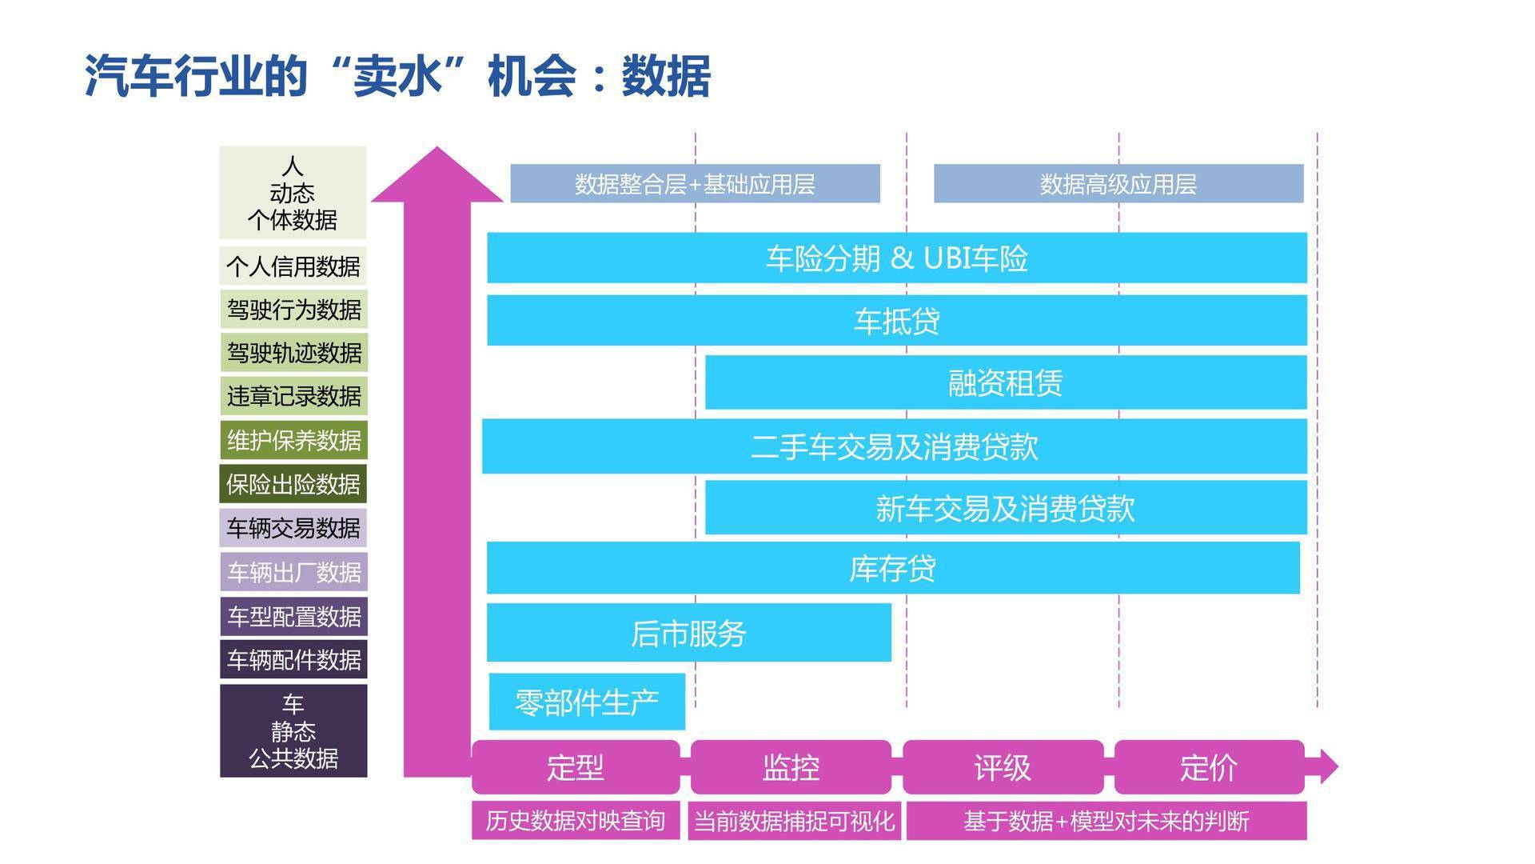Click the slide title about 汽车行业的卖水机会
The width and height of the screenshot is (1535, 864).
click(x=397, y=77)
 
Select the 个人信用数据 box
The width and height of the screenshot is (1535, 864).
click(x=293, y=266)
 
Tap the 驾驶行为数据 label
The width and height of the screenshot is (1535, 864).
click(x=293, y=310)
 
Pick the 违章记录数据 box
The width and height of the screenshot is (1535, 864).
click(x=293, y=396)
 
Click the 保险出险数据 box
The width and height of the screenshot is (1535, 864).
click(x=293, y=484)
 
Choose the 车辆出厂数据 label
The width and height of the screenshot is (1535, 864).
click(x=293, y=572)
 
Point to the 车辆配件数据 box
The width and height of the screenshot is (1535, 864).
click(x=293, y=659)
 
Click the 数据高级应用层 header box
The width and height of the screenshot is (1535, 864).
click(x=1118, y=184)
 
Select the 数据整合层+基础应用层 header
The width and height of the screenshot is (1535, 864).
click(x=695, y=184)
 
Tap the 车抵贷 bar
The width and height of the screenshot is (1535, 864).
click(x=897, y=321)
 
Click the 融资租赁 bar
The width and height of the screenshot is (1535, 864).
click(x=1006, y=383)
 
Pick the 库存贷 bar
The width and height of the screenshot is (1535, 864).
click(x=893, y=568)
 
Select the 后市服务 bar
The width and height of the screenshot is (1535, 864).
click(x=689, y=633)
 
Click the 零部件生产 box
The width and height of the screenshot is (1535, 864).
click(x=587, y=702)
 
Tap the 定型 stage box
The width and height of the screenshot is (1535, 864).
click(x=576, y=767)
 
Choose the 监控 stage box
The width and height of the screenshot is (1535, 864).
click(x=791, y=767)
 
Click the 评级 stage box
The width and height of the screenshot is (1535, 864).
click(x=1003, y=767)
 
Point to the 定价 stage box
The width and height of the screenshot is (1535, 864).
click(x=1209, y=767)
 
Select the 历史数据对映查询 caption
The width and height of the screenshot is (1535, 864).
click(x=576, y=821)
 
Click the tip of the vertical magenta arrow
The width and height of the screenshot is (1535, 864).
click(x=437, y=147)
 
